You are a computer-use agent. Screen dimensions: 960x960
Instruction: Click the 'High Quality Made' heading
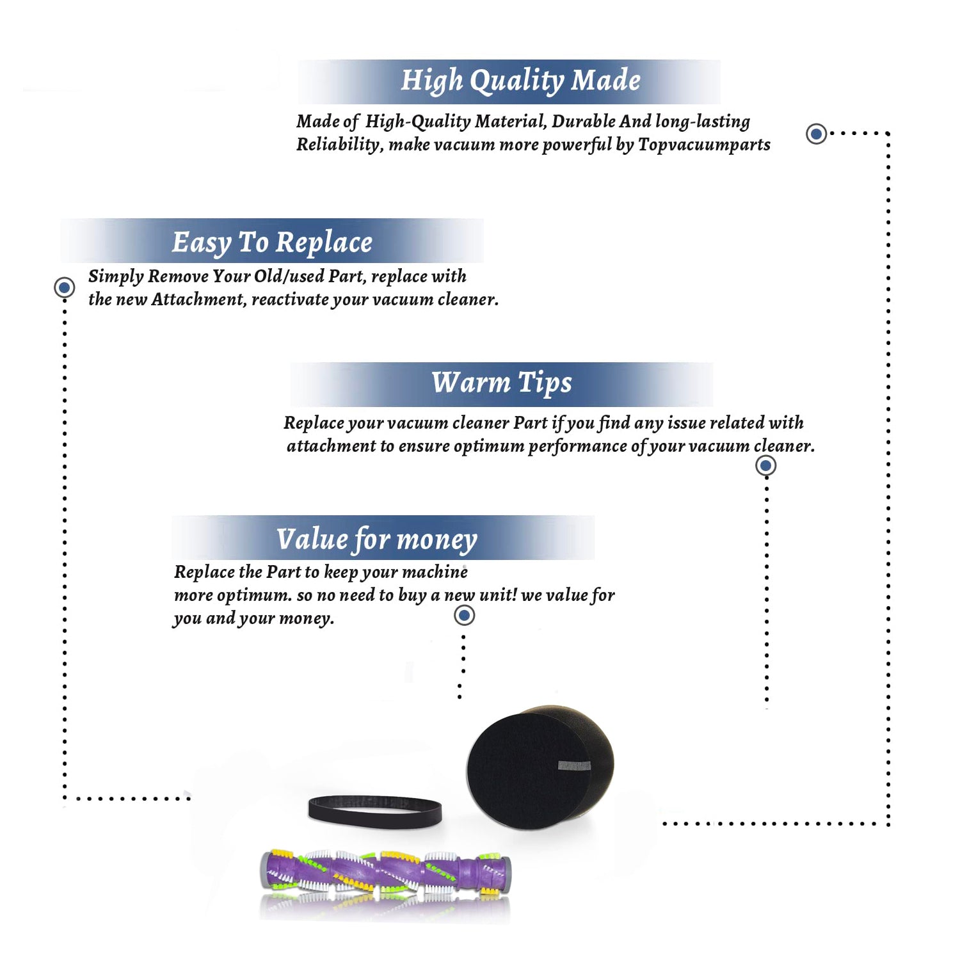(520, 81)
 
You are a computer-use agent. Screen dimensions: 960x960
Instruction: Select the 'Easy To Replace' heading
(272, 243)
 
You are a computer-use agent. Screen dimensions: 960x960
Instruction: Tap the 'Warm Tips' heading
(502, 383)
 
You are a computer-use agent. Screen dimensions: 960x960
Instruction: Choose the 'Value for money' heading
(377, 540)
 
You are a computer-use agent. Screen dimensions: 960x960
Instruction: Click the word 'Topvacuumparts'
(704, 145)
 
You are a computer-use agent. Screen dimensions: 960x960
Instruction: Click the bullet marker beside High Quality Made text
(816, 134)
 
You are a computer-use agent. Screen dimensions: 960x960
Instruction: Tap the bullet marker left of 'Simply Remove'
(64, 287)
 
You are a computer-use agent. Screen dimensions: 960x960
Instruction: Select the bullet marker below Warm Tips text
(765, 465)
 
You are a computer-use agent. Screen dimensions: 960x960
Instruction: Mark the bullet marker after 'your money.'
(464, 616)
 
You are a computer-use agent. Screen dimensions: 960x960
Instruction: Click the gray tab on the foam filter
(574, 765)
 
